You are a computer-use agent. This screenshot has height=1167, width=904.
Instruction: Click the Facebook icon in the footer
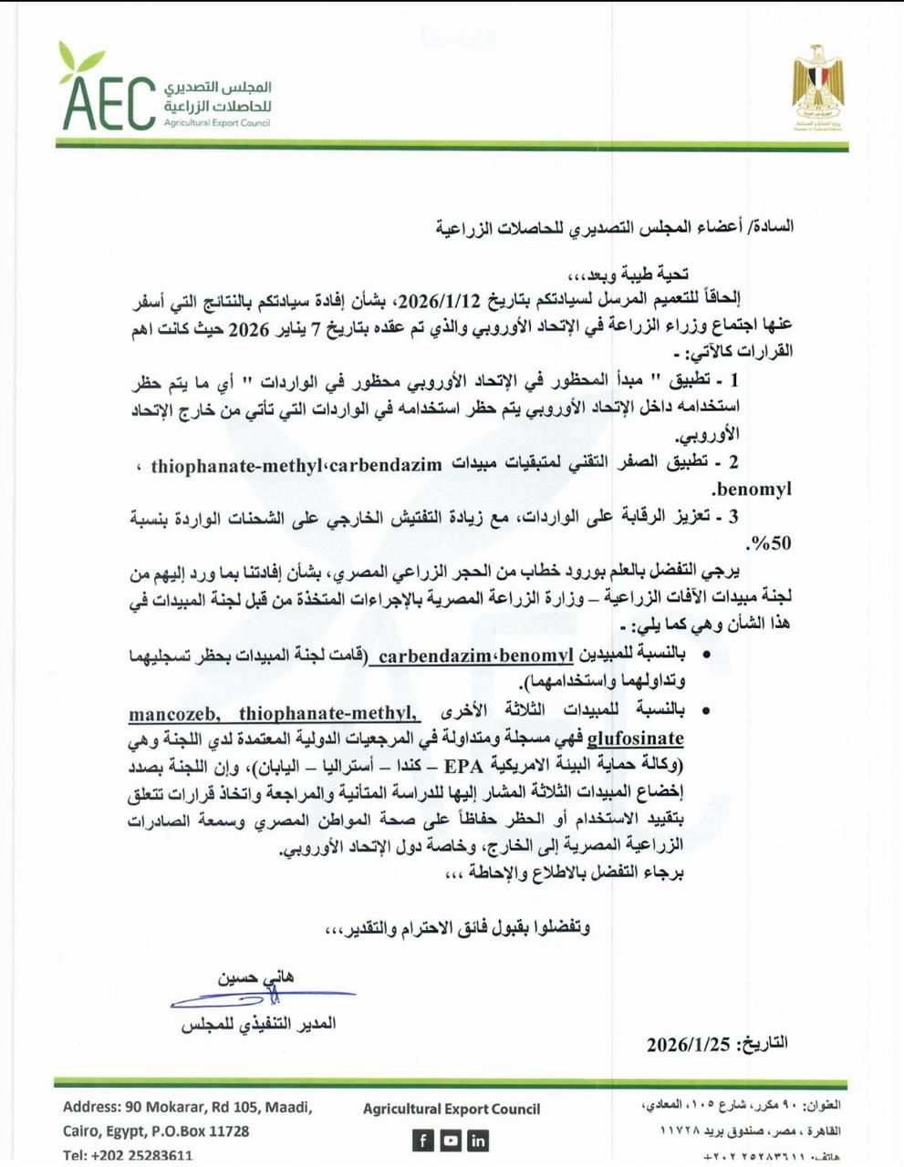point(423,1140)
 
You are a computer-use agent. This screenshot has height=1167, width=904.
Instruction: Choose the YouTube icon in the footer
point(451,1140)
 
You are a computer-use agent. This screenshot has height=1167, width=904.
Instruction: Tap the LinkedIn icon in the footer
point(478,1140)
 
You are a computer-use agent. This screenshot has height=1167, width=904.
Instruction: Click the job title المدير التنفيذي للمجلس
point(258,1024)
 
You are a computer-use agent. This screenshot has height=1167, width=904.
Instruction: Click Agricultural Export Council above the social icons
point(451,1109)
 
